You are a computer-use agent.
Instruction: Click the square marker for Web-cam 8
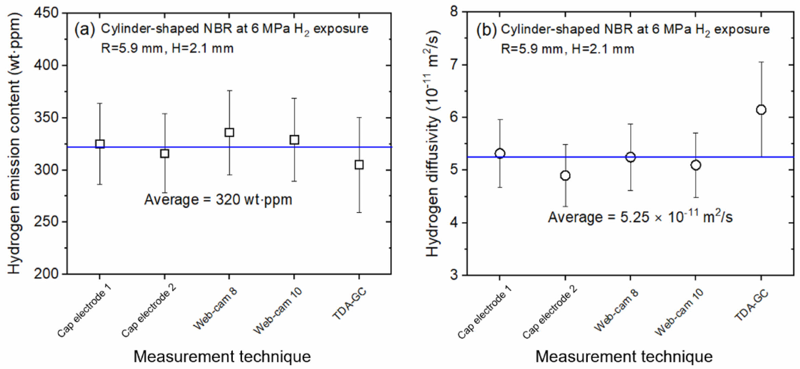229,132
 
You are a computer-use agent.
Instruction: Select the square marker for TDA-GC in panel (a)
359,165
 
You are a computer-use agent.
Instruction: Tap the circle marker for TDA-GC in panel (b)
761,110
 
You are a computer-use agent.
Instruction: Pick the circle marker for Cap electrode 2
565,176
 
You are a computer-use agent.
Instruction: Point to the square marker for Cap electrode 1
100,144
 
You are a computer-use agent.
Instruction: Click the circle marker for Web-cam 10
696,165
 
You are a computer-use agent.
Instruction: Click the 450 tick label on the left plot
46,13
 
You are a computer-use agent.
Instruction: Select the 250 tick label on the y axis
46,222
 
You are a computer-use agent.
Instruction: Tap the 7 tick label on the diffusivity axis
454,65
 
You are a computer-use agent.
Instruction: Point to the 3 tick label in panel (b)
454,275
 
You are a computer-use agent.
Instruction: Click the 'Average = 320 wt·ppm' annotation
218,200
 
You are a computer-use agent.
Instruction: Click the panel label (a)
85,29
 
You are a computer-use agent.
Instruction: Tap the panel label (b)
486,30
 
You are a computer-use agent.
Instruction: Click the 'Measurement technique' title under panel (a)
222,356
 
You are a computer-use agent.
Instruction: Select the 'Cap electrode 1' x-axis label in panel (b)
484,312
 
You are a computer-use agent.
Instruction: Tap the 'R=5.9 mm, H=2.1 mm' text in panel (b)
567,49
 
